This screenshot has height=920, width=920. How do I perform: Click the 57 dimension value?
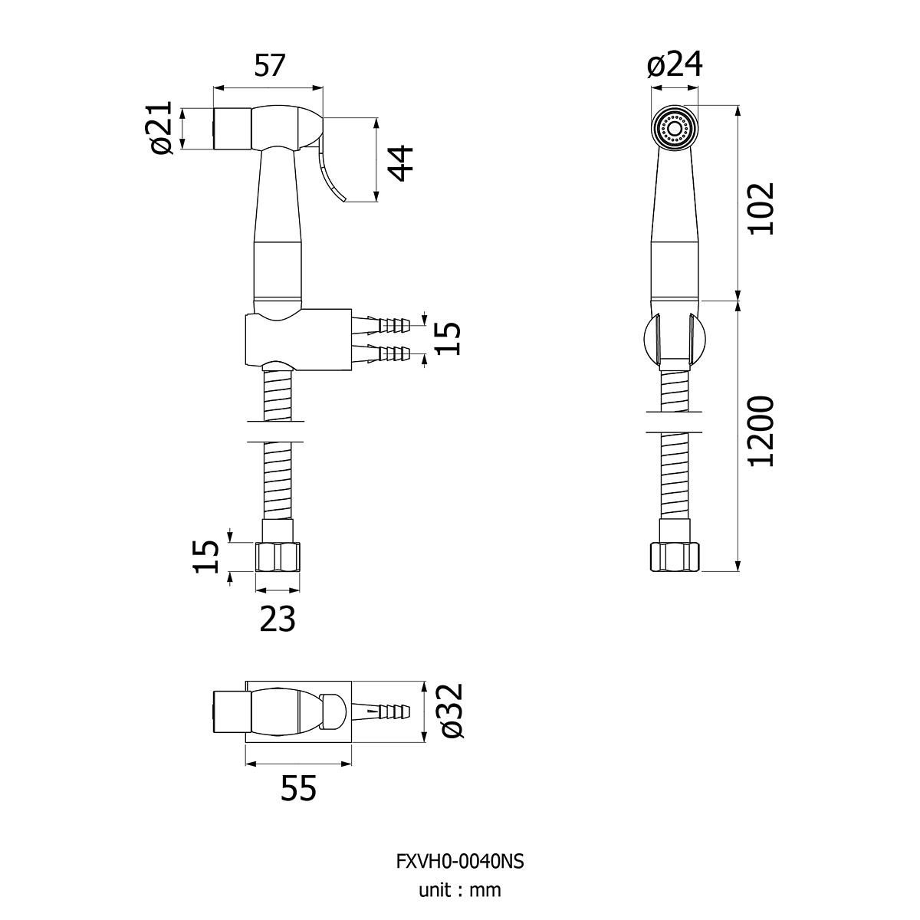coord(269,65)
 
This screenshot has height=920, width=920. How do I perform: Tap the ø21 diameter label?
coord(162,127)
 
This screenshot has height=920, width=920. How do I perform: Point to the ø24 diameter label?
coord(675,64)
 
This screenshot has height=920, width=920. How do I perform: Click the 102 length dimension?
coord(761,209)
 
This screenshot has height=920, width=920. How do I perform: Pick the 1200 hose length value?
coord(761,431)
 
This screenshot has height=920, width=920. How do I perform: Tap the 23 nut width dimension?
coord(278,619)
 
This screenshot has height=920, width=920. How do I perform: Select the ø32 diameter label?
coord(452,711)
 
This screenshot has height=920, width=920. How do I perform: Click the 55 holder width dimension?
coord(298,788)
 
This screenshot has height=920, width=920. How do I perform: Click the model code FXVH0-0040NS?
coord(460,861)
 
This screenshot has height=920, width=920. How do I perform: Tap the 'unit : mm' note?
coord(460,890)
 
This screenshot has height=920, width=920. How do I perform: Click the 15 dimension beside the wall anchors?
coord(449,339)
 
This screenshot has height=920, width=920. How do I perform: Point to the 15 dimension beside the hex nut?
coord(205,557)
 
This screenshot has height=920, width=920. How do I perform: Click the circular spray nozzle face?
coord(675,129)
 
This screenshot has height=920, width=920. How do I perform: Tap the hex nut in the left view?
coord(278,557)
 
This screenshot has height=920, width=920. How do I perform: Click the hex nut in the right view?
coord(675,557)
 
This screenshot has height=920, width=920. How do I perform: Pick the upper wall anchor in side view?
coord(381,325)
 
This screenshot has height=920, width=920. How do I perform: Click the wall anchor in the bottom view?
coord(381,711)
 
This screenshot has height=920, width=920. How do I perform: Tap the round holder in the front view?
coord(674,340)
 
